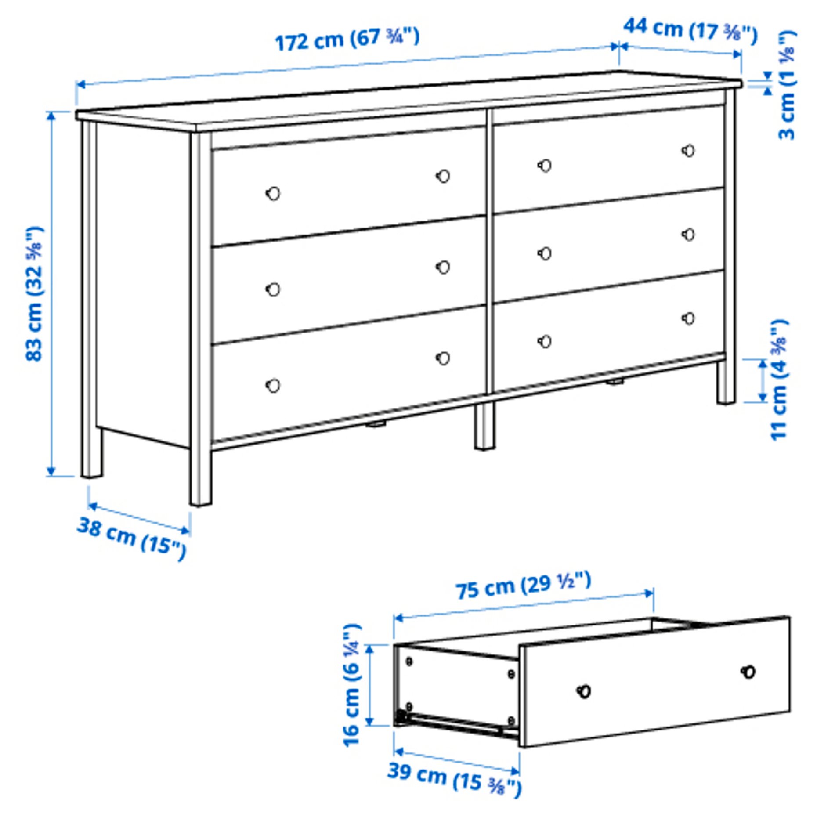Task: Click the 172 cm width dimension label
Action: click(x=347, y=39)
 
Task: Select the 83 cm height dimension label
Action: click(x=34, y=293)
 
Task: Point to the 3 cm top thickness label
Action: click(x=786, y=86)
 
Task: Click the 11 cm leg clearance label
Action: click(x=780, y=380)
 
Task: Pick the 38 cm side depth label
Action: click(x=132, y=539)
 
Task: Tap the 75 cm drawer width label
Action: click(x=523, y=586)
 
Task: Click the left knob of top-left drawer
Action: click(x=273, y=193)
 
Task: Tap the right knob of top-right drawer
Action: click(x=688, y=151)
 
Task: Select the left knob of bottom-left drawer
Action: click(x=273, y=385)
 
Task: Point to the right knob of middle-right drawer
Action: click(x=688, y=235)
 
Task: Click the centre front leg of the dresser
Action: click(x=484, y=426)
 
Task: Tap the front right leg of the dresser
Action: click(x=725, y=382)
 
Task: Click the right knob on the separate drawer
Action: click(x=748, y=672)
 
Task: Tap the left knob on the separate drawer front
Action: click(x=584, y=691)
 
